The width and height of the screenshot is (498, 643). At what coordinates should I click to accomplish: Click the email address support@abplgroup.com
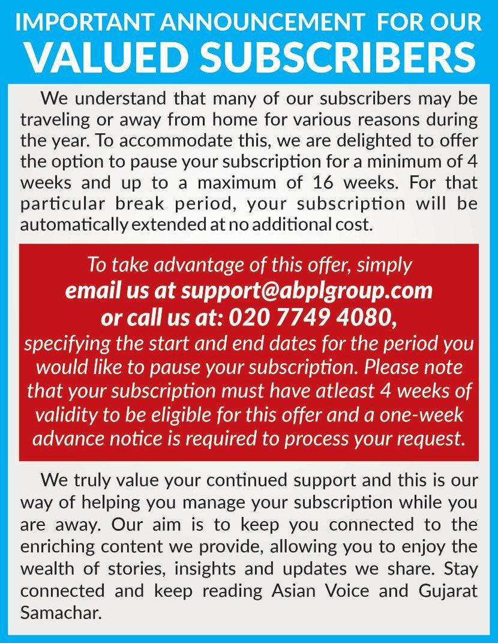307,290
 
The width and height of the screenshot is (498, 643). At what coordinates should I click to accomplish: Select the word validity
67,415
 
